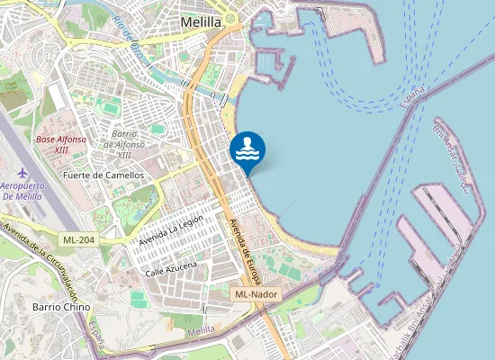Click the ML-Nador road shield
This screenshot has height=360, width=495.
click(x=256, y=294)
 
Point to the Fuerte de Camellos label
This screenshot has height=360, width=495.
click(x=103, y=175)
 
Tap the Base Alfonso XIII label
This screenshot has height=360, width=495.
click(x=61, y=145)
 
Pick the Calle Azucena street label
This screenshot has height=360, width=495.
click(x=171, y=269)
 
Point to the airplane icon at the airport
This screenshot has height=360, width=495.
click(x=22, y=172)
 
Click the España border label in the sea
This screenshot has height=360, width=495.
click(x=412, y=94)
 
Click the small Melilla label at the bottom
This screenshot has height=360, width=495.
click(x=202, y=331)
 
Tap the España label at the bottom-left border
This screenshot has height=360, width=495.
click(x=96, y=337)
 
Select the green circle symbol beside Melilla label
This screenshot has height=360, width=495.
click(x=230, y=18)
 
